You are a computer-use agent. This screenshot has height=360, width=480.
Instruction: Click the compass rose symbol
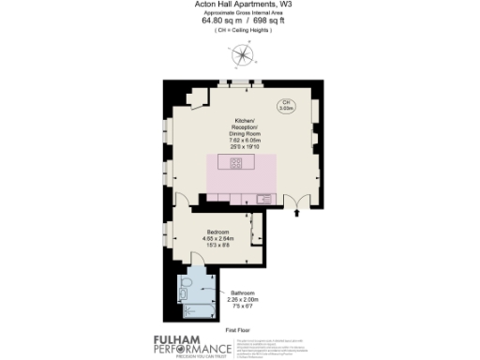(241, 55)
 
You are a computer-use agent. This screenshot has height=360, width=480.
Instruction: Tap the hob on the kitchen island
(235, 163)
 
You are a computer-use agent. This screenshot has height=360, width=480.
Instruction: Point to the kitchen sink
(263, 198)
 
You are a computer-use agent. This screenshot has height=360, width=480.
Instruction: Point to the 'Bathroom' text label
(245, 293)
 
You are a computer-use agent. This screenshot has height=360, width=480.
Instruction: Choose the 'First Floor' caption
(239, 330)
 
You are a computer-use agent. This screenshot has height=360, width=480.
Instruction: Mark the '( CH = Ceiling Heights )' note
(240, 32)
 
